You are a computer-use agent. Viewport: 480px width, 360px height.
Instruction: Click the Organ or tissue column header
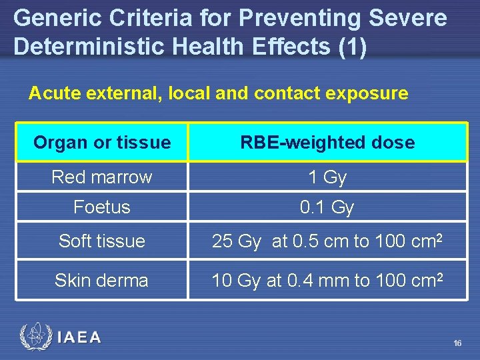(102, 142)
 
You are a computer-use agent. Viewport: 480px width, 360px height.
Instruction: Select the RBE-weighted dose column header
(327, 142)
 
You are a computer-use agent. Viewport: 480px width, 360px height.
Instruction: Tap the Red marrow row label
(102, 177)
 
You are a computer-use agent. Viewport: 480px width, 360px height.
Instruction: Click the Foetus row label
(102, 207)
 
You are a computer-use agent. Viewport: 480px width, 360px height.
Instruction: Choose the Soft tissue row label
(102, 241)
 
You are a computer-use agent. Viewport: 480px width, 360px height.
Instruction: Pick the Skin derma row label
(102, 280)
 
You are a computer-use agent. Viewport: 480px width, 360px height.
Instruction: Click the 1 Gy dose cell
(327, 177)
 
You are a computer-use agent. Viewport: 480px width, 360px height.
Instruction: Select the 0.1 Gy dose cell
(327, 207)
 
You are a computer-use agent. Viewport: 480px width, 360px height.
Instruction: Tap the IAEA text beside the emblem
(79, 337)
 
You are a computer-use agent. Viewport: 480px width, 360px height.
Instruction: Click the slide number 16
(457, 343)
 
